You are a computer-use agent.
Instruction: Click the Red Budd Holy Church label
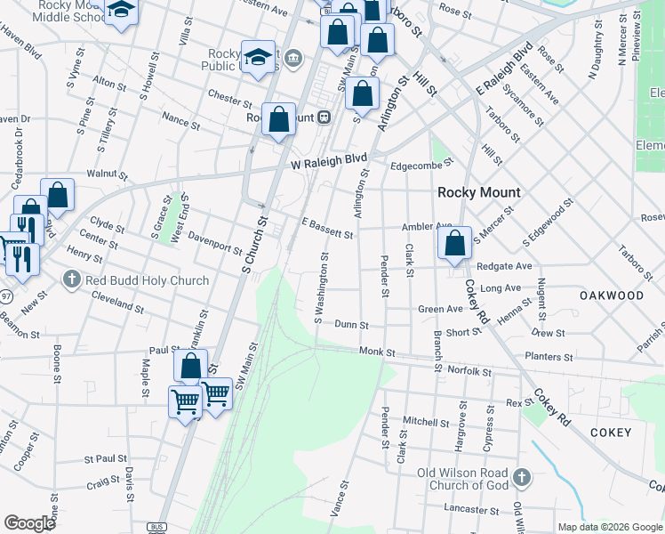tap(147, 280)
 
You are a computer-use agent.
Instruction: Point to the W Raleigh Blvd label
tap(329, 162)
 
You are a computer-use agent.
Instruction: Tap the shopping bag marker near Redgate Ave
tap(454, 243)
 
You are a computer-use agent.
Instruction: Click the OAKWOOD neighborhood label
tap(612, 295)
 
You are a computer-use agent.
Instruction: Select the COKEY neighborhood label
tap(610, 433)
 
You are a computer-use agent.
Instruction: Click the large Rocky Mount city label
tap(479, 192)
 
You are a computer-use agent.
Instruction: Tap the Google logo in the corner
tap(29, 522)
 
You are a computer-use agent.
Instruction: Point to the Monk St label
tap(377, 352)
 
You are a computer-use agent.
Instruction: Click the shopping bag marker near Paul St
tap(190, 365)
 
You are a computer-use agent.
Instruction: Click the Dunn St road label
tap(351, 326)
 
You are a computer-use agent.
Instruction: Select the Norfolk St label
tap(469, 369)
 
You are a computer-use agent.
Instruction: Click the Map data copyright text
tap(609, 527)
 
